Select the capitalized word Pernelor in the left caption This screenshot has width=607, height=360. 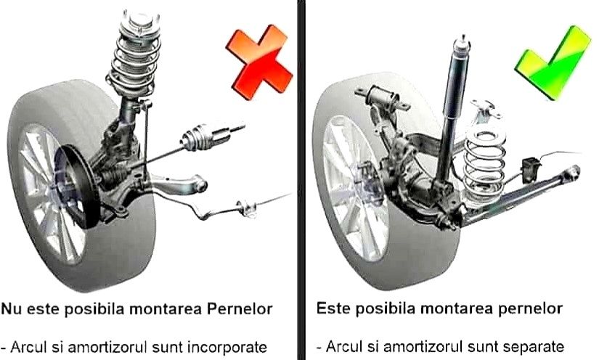coord(237,308)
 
